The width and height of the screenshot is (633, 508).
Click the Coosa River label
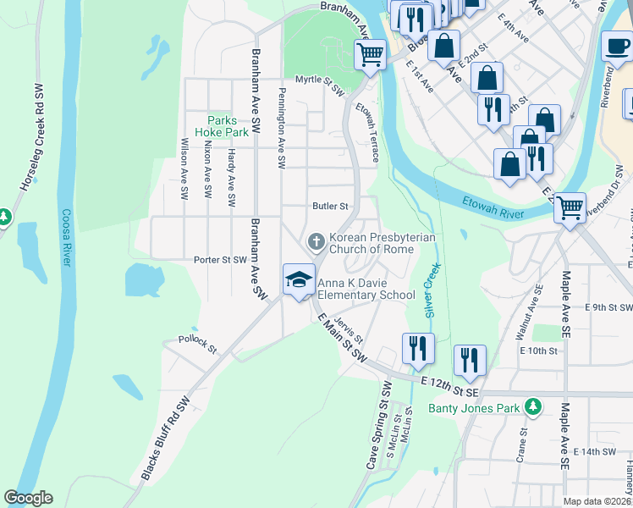(66, 238)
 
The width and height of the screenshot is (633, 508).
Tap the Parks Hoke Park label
(222, 126)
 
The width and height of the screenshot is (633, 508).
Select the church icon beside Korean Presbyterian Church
(316, 243)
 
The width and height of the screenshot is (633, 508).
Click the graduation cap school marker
(299, 280)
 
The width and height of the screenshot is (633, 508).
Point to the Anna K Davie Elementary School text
(366, 290)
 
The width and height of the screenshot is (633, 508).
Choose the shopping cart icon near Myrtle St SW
(370, 55)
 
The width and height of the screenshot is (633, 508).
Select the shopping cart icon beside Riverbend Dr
(570, 206)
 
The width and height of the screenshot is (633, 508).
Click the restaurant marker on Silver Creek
(418, 348)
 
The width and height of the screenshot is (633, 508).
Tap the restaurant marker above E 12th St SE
(469, 361)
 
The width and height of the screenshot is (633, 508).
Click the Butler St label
(330, 206)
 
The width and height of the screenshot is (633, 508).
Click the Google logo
(29, 497)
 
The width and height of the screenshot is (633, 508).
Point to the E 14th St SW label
(597, 452)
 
